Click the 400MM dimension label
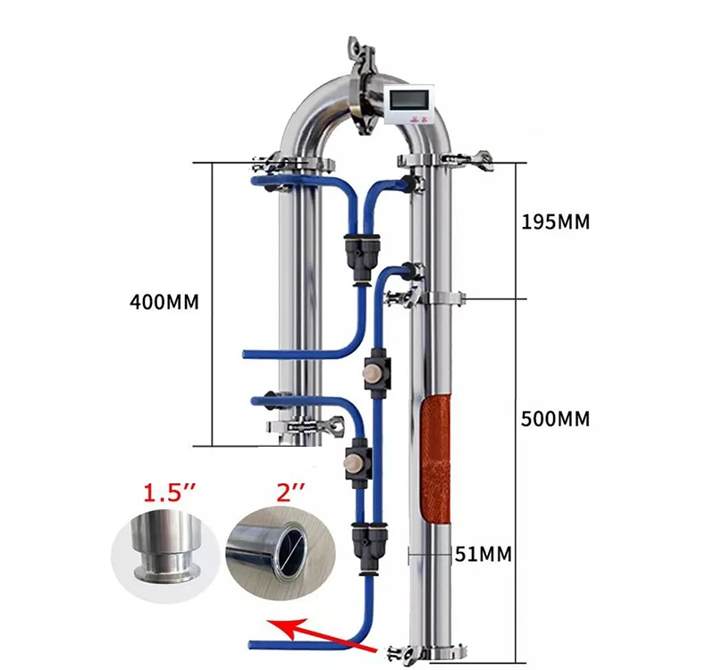[x=164, y=302]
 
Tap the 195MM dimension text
[x=556, y=222]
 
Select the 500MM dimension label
[x=556, y=419]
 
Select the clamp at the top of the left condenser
[x=295, y=165]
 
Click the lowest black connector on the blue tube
[x=369, y=540]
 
